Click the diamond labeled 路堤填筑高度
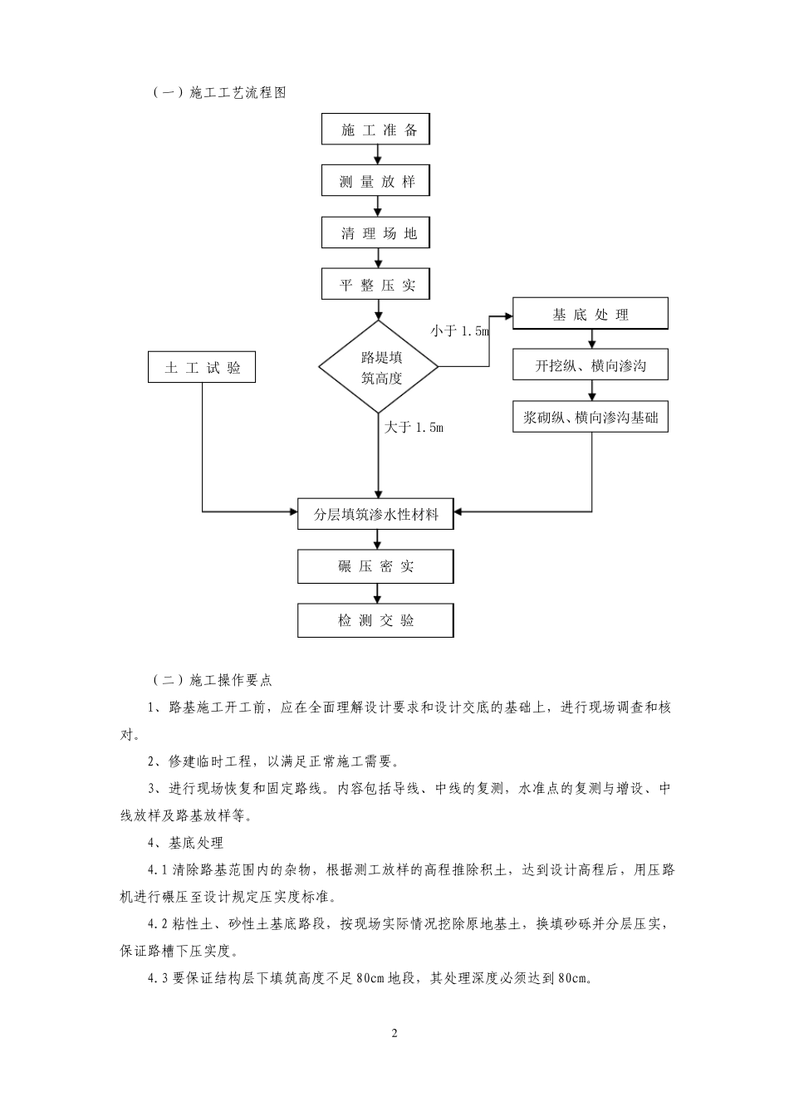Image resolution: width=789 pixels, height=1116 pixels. [x=379, y=367]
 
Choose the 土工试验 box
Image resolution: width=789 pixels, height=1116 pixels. [x=202, y=368]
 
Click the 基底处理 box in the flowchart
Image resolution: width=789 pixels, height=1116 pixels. [x=591, y=315]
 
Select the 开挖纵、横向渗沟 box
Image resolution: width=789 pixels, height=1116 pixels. [x=591, y=365]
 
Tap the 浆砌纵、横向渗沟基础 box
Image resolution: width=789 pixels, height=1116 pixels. [x=591, y=418]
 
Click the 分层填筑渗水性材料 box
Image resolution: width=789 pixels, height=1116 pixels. [x=375, y=514]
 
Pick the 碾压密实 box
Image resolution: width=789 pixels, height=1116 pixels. [x=375, y=567]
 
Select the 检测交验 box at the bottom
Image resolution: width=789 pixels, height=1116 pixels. [x=375, y=620]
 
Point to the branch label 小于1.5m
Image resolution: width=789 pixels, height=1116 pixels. [x=460, y=331]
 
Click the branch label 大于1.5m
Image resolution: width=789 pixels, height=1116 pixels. [x=414, y=427]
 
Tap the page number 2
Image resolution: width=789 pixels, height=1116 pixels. [x=394, y=1034]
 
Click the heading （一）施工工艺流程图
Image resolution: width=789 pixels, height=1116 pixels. [x=219, y=93]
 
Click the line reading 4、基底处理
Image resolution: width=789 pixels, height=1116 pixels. [x=185, y=843]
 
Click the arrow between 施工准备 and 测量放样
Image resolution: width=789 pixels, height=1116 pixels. [x=379, y=156]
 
